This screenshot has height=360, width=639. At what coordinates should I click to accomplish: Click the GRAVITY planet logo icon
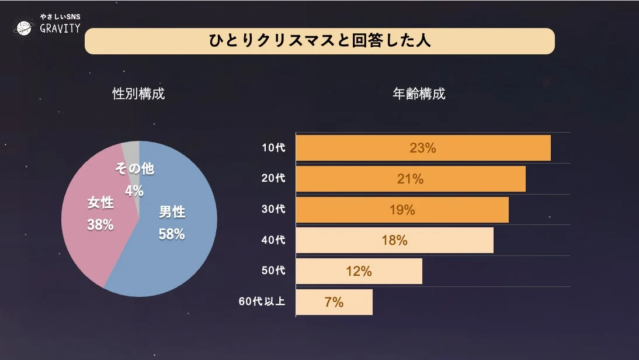pos(24,26)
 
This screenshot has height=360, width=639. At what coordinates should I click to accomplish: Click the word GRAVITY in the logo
pos(60,29)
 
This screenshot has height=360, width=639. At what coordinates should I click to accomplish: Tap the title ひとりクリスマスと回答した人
pos(319,41)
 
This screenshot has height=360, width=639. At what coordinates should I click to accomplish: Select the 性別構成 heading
pos(138,94)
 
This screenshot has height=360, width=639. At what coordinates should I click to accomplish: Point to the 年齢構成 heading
pos(419,94)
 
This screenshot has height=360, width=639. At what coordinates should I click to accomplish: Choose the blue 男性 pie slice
pos(181,257)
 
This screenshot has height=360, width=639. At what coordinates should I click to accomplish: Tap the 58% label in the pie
pos(171,234)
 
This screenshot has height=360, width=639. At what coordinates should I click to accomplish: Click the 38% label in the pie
pos(100,224)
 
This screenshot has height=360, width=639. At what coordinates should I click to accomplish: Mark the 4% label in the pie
pos(134,191)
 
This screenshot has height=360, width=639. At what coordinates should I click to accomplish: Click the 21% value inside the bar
pos(410,179)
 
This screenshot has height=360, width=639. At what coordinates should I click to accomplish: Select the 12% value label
pos(359,271)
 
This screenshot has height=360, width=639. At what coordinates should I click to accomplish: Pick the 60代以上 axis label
pos(262,302)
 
